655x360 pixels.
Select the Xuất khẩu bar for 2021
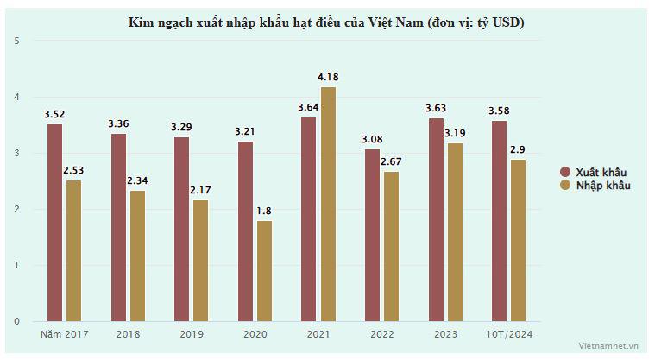click(308, 219)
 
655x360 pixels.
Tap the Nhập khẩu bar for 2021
click(328, 204)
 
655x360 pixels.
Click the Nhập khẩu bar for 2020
click(264, 271)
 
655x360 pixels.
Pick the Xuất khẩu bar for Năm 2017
click(54, 223)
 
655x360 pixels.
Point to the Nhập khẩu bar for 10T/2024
click(519, 240)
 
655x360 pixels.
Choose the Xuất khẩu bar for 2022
click(372, 235)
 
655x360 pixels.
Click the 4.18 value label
click(328, 78)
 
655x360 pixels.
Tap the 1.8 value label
click(264, 212)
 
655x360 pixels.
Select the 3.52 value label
click(54, 114)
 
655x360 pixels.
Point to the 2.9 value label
click(519, 150)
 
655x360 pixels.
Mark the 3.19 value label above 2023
click(455, 134)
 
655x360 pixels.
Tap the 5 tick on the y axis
click(17, 41)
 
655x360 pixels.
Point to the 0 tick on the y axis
click(17, 322)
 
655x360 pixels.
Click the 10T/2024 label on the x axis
click(509, 333)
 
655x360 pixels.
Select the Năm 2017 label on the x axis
click(65, 333)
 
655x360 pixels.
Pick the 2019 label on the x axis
click(192, 333)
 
